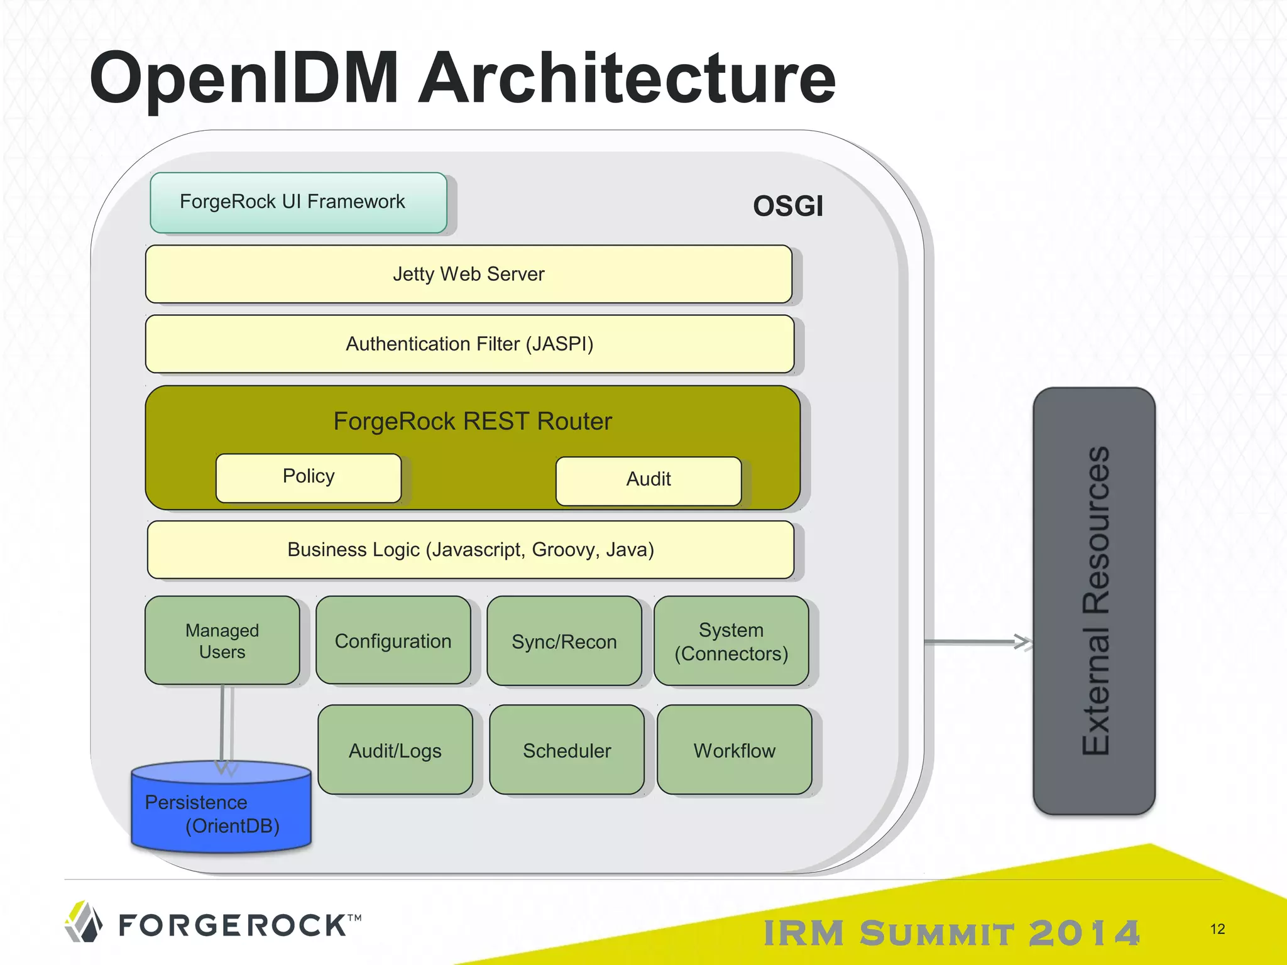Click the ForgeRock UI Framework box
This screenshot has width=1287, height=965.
click(x=298, y=202)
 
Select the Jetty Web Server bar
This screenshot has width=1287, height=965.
click(x=468, y=274)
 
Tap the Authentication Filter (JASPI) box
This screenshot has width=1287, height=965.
click(x=469, y=344)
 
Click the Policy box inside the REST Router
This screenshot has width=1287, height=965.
click(x=309, y=477)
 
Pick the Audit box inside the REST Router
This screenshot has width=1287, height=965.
click(x=649, y=481)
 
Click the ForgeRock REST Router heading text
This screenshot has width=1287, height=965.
click(x=473, y=421)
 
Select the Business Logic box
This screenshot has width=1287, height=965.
click(x=471, y=550)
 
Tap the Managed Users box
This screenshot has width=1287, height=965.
click(x=222, y=640)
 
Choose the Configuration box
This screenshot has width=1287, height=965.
click(x=393, y=640)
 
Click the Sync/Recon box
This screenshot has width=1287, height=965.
click(x=564, y=641)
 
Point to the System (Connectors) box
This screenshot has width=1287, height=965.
click(x=731, y=641)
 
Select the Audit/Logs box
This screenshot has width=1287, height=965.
click(x=395, y=750)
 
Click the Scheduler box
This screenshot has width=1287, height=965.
click(x=567, y=750)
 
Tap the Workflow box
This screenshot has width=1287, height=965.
click(x=734, y=750)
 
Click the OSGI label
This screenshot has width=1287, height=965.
click(x=787, y=206)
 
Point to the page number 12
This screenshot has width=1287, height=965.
click(x=1217, y=929)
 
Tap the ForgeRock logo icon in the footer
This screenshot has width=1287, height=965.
click(x=84, y=922)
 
